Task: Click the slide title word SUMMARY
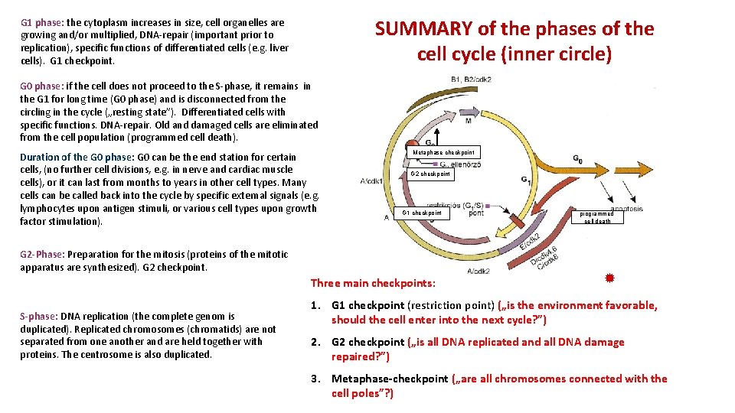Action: pyautogui.click(x=423, y=29)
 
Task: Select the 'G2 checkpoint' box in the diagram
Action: pyautogui.click(x=430, y=174)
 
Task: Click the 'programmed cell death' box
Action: pyautogui.click(x=597, y=217)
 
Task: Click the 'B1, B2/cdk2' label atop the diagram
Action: pyautogui.click(x=471, y=79)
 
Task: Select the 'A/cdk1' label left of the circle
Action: pyautogui.click(x=372, y=181)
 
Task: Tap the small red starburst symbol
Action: pyautogui.click(x=609, y=278)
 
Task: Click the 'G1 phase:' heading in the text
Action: pyautogui.click(x=42, y=22)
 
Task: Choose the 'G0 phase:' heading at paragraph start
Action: pyautogui.click(x=42, y=86)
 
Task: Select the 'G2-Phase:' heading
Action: pyautogui.click(x=43, y=254)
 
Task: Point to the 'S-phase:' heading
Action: pyautogui.click(x=38, y=316)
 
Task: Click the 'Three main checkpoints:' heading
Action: pyautogui.click(x=373, y=283)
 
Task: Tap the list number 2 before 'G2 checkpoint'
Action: pyautogui.click(x=315, y=342)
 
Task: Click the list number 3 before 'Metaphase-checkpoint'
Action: pyautogui.click(x=315, y=379)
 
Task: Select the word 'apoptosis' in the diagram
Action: pyautogui.click(x=626, y=207)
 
